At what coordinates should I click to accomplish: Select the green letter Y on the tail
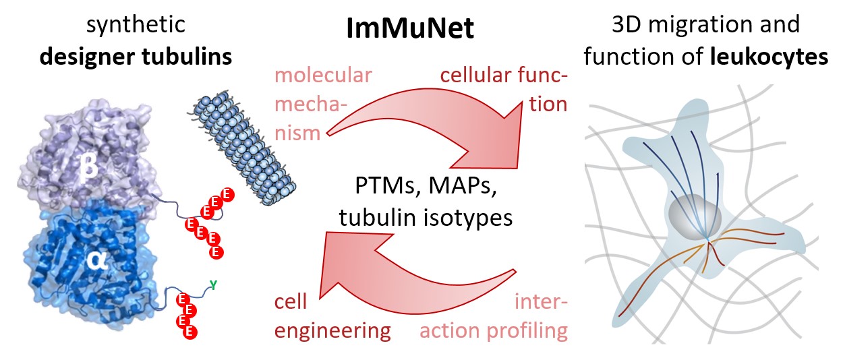click(x=213, y=285)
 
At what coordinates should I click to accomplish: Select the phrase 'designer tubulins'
click(x=136, y=57)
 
